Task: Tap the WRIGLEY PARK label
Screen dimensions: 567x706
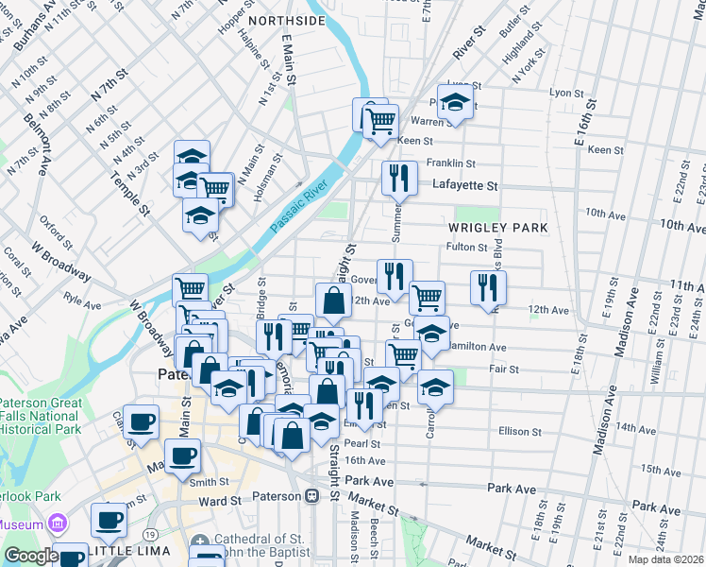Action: tap(498, 228)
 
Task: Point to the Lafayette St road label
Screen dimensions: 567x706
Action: tap(464, 186)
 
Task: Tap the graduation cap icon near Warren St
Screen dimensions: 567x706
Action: tap(455, 104)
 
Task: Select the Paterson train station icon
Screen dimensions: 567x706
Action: tap(311, 495)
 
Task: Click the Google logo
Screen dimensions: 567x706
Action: tap(30, 556)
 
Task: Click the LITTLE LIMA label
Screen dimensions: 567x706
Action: tap(131, 550)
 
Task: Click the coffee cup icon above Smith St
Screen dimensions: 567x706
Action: tap(182, 455)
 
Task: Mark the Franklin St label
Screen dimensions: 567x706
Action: tap(450, 163)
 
